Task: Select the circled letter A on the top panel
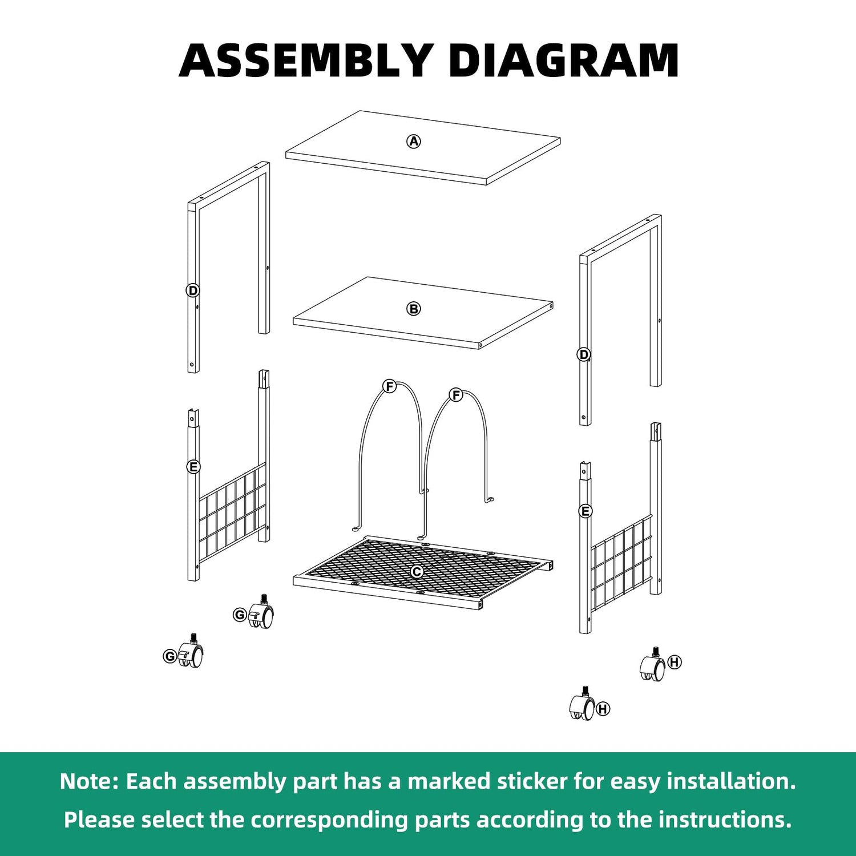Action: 414,141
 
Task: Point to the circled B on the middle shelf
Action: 414,309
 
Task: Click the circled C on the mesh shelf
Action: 417,571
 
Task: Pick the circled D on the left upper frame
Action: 193,290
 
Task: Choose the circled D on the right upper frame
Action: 583,354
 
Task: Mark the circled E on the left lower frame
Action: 193,467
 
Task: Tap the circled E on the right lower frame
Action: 585,511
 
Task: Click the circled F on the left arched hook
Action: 390,386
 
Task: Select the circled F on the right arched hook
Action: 455,394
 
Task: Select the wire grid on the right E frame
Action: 621,562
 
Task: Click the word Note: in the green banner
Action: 89,781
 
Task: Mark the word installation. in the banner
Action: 731,781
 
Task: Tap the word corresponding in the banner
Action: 330,821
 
